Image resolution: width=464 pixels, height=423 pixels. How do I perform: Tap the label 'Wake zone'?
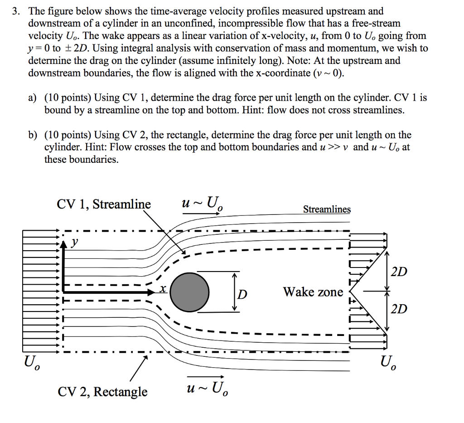click(313, 292)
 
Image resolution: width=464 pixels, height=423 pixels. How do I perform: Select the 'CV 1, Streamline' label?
click(104, 204)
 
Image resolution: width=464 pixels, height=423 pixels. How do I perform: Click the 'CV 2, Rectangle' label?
click(102, 391)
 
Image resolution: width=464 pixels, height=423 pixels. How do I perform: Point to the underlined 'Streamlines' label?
click(327, 209)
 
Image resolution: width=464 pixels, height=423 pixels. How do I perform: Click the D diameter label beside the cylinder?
click(243, 295)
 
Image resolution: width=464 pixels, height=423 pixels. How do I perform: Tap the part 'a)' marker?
click(32, 97)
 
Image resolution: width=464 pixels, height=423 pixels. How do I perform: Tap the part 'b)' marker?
click(32, 135)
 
